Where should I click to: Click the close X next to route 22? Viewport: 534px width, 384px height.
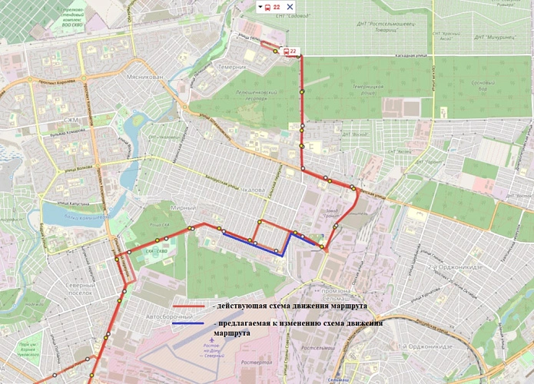tap(290, 7)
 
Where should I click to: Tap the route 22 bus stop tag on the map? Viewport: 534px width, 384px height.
tap(290, 51)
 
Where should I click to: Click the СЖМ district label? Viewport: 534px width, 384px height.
tap(71, 120)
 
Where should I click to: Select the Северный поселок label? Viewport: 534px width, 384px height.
tap(80, 289)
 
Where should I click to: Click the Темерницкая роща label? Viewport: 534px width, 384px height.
tap(367, 91)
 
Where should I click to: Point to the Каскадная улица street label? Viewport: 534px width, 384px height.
tap(410, 56)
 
